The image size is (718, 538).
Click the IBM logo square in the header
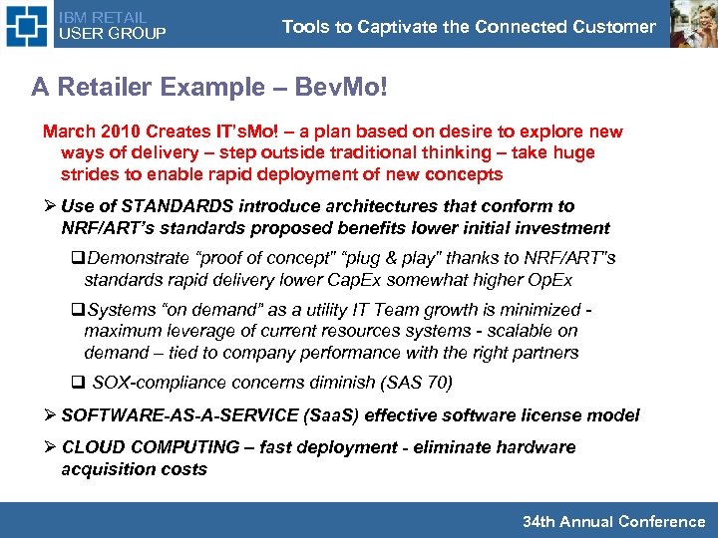point(25,25)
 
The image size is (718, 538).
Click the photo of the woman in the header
point(692,24)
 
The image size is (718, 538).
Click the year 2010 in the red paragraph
point(115,132)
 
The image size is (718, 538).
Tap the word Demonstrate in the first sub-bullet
point(129,259)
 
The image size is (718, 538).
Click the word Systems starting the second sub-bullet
point(119,310)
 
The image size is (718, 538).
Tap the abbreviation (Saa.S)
point(328,414)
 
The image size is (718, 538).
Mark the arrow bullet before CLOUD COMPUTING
point(49,447)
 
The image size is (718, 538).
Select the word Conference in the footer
point(662,521)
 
